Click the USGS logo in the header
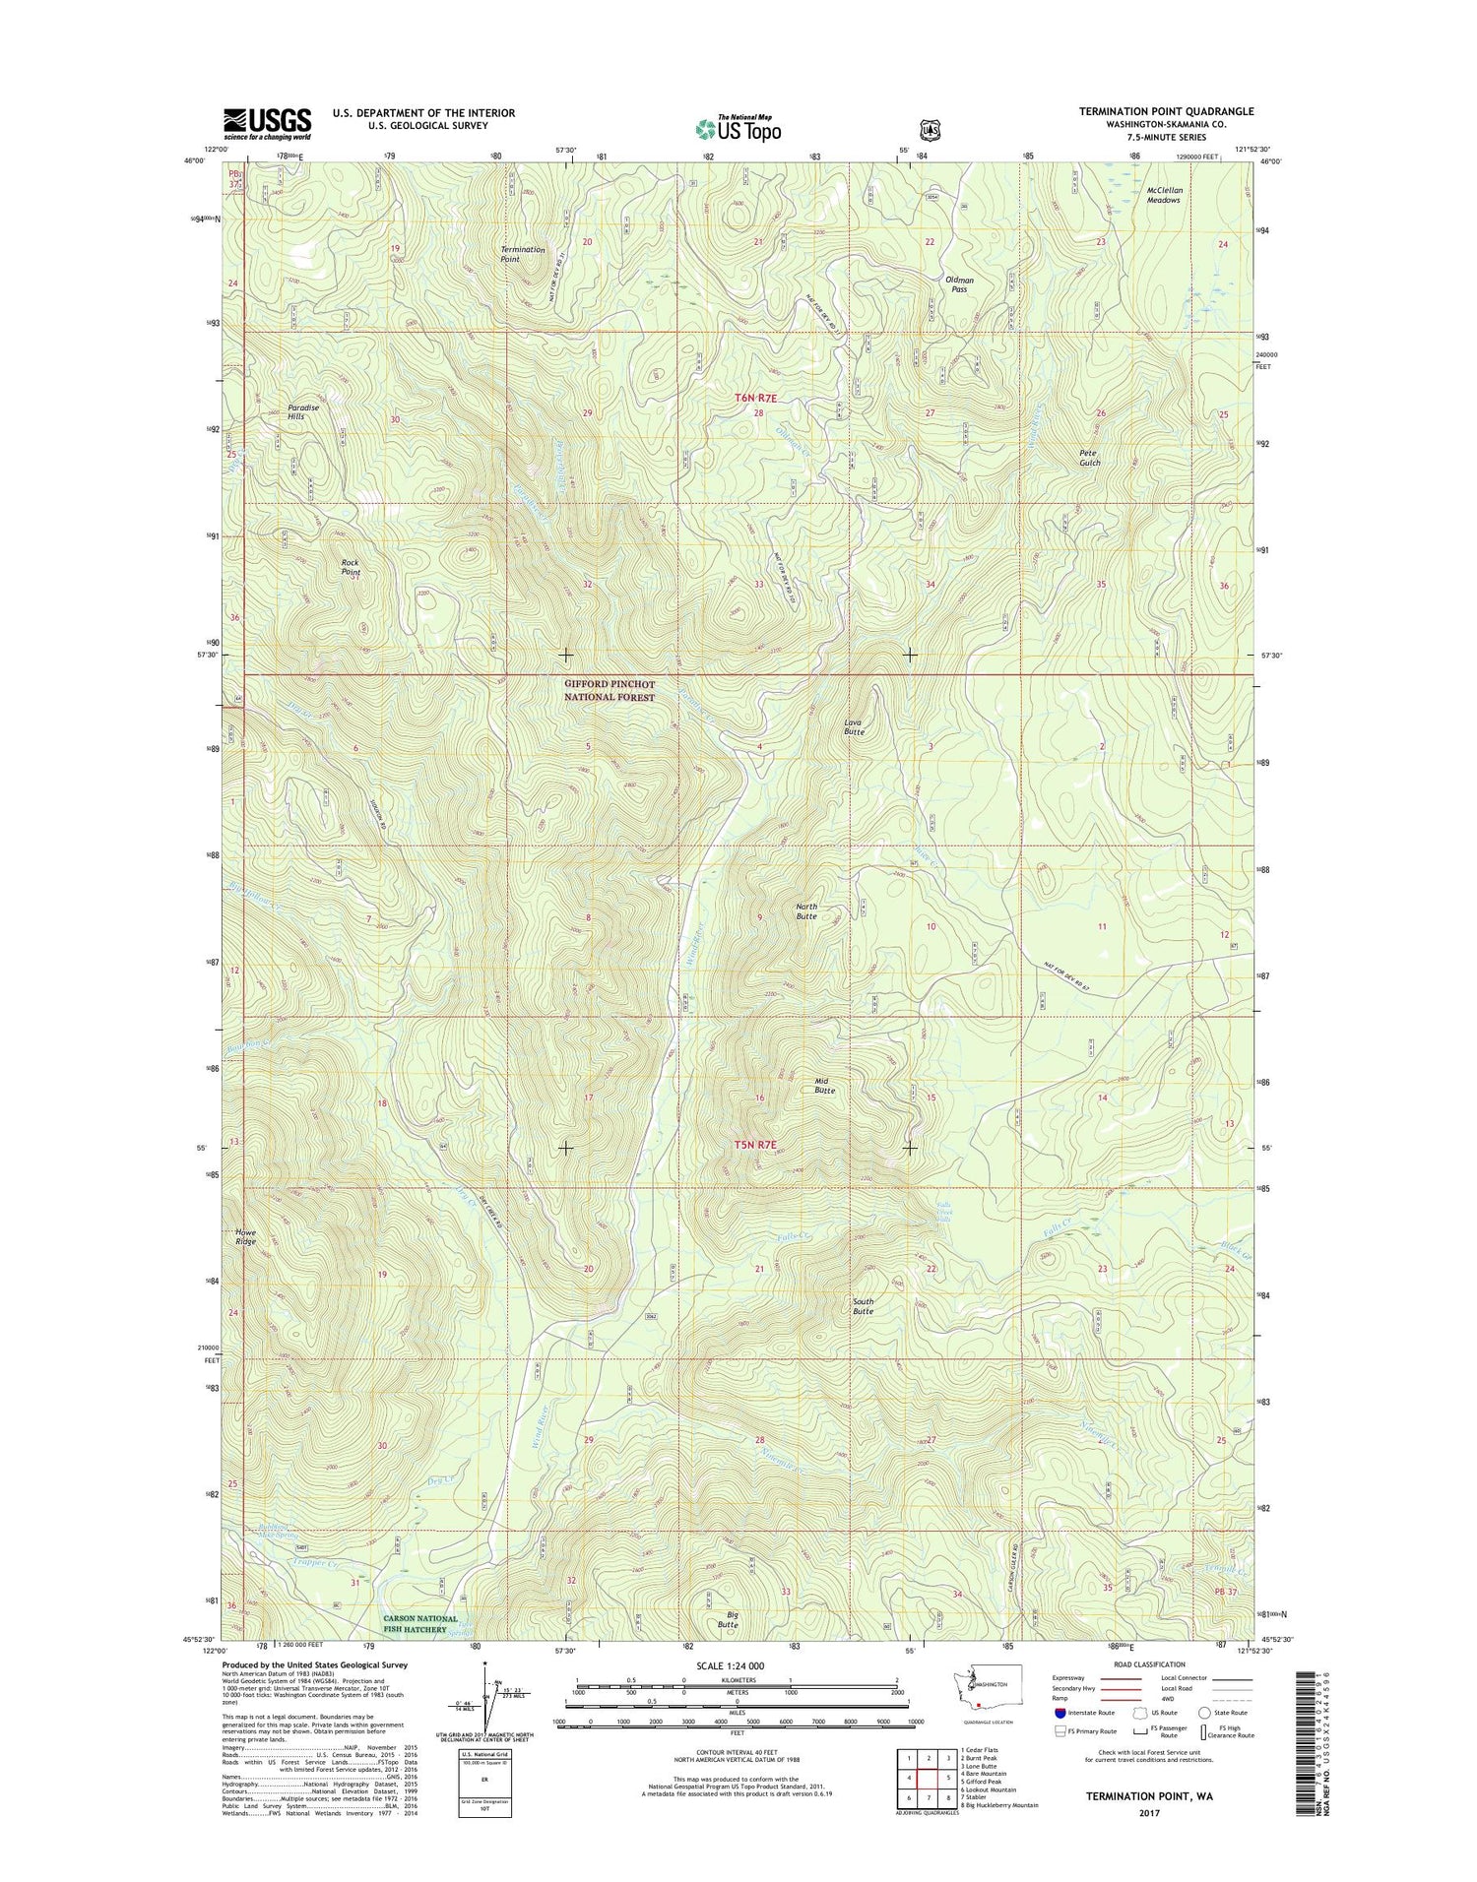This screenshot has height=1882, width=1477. point(267,124)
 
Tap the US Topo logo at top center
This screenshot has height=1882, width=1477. point(738,127)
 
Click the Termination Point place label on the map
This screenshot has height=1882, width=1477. point(522,254)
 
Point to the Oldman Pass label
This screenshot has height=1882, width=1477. point(959,284)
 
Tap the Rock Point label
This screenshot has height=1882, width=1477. point(351,567)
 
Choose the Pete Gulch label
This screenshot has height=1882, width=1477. point(1089,458)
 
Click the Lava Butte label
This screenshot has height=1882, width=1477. point(854,726)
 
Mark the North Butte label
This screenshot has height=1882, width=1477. point(805,910)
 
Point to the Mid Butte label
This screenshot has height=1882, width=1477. point(824,1086)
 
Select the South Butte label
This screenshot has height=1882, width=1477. point(863,1305)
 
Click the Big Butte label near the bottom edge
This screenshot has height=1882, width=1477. point(728,1619)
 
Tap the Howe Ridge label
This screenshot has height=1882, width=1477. point(245,1237)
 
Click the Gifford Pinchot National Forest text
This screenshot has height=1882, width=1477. point(609,690)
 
